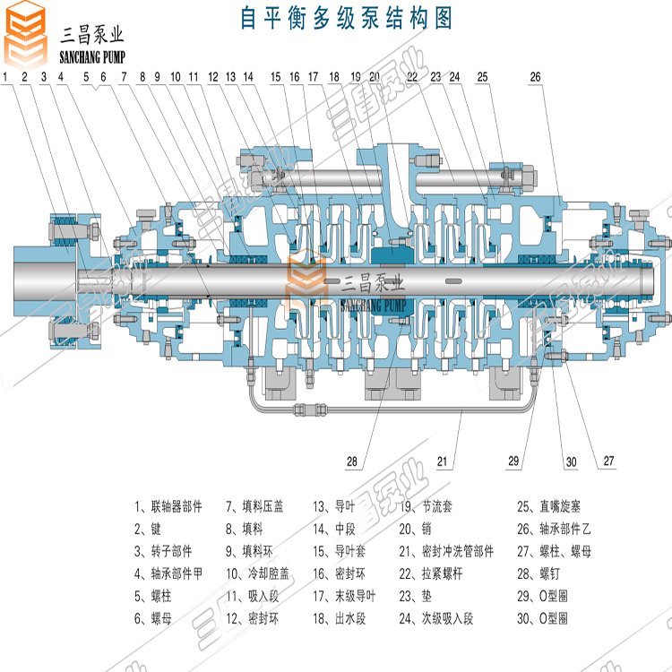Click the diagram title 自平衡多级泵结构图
pos(346,18)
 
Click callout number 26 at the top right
pos(535,77)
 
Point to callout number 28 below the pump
pos(352,462)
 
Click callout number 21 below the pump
pos(442,462)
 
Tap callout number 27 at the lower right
pos(608,462)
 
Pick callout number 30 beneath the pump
pos(571,462)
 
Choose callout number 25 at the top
pos(483,77)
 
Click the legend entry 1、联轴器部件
pos(168,506)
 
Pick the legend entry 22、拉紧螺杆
pos(435,573)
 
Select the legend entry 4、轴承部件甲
pos(168,573)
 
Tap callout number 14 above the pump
pos(248,77)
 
